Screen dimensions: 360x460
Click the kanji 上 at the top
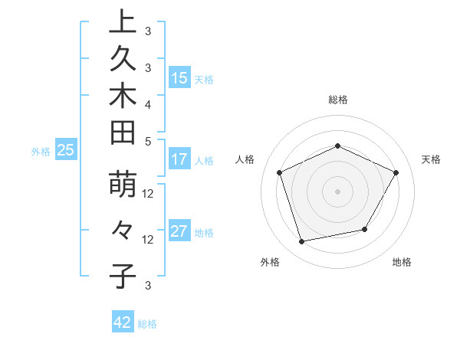point(123,22)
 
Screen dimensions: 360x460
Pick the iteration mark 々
point(123,230)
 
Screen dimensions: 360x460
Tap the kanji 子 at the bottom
point(123,276)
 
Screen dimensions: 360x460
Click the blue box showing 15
point(179,77)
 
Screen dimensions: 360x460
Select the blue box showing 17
point(179,159)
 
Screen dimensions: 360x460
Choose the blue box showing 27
point(179,231)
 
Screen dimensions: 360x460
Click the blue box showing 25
point(65,151)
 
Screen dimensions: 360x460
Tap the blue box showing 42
point(123,322)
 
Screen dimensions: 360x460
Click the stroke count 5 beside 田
point(148,140)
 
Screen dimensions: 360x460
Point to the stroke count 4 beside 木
point(148,103)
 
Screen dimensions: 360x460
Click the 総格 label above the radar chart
point(338,100)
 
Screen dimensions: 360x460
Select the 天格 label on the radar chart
point(432,159)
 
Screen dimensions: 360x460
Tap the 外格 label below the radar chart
point(270,263)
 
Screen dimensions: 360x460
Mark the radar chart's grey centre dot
point(337,191)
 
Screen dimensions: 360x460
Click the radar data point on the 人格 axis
point(280,172)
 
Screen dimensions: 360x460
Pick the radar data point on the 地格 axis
point(365,229)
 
